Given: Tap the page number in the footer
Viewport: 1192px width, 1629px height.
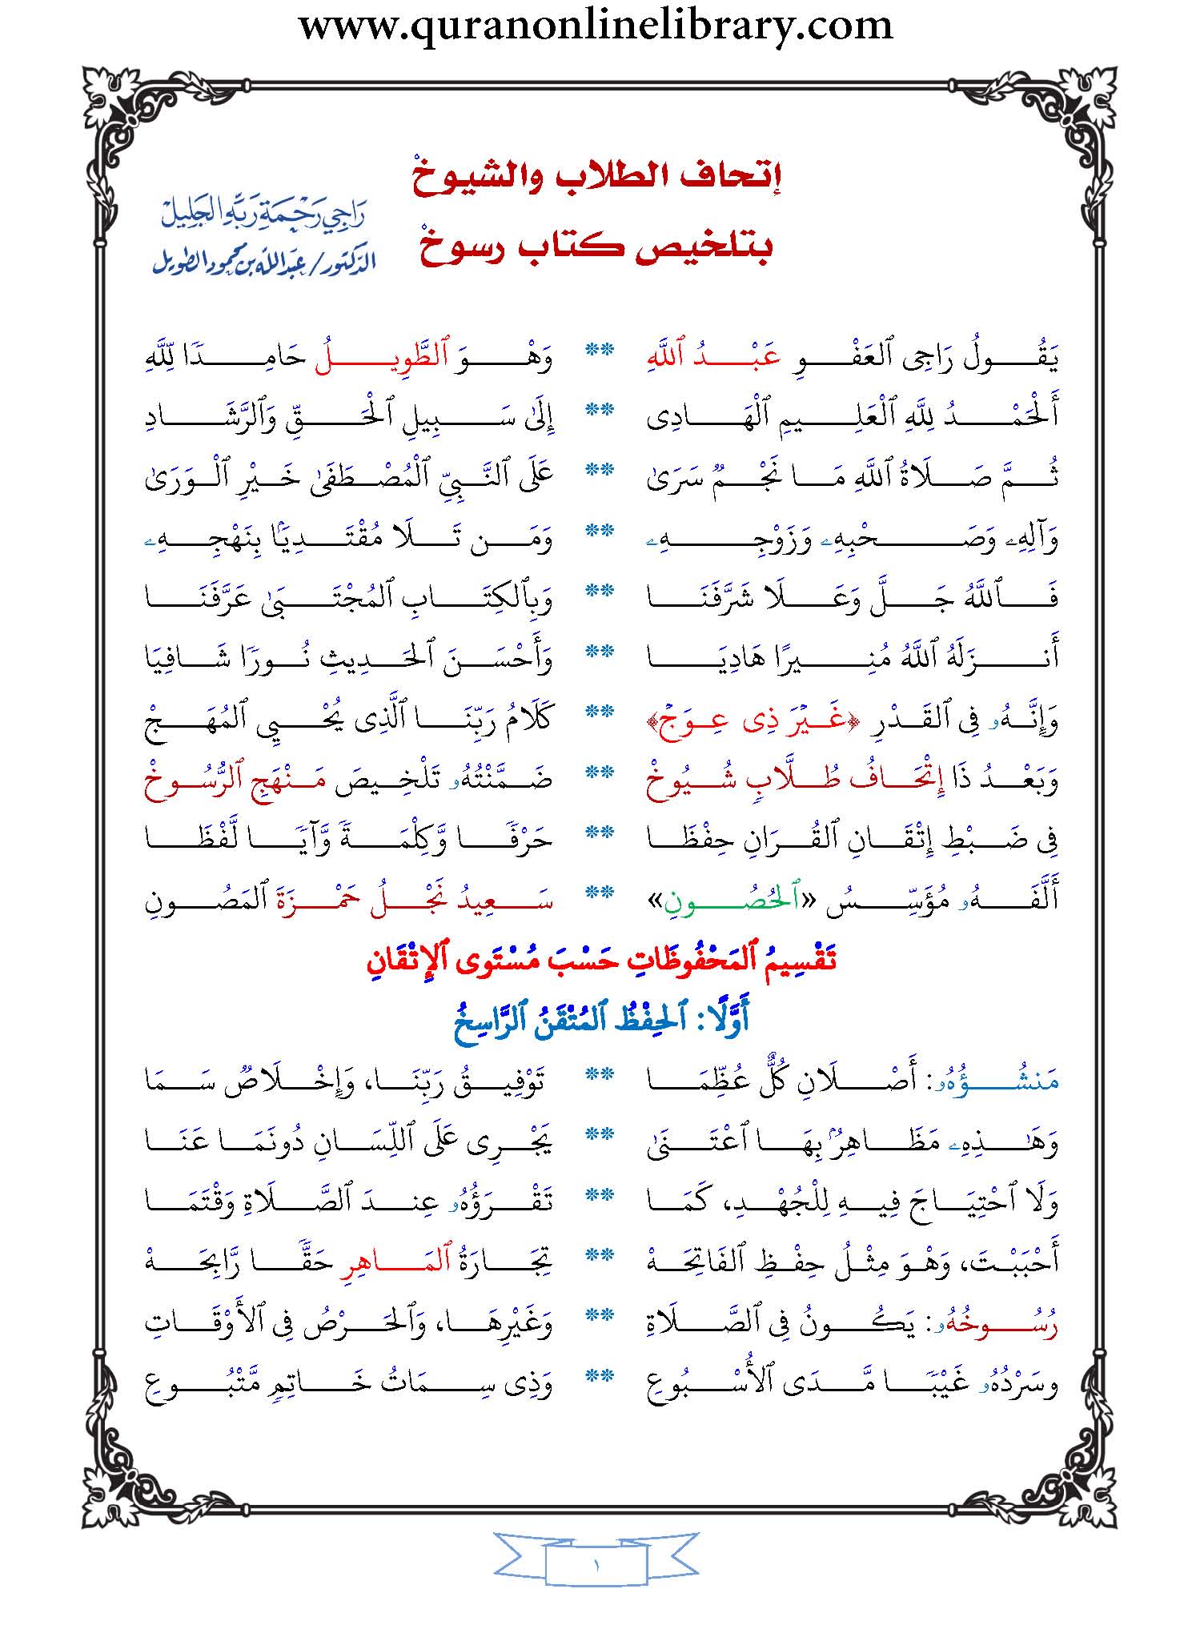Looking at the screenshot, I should tap(596, 1566).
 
